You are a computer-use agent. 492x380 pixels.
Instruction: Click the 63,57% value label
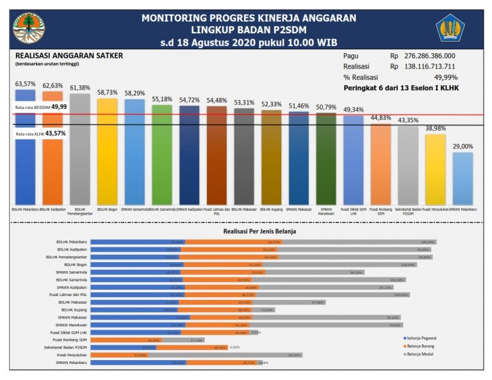click(25, 84)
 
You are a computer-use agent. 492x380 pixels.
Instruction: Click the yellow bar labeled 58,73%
click(107, 151)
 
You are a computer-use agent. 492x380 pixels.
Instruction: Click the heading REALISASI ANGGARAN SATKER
click(69, 56)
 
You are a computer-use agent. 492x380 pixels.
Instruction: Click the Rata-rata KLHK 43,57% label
click(42, 133)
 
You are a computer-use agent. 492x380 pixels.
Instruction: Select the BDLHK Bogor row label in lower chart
click(76, 264)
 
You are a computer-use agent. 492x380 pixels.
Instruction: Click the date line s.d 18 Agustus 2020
click(249, 43)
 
